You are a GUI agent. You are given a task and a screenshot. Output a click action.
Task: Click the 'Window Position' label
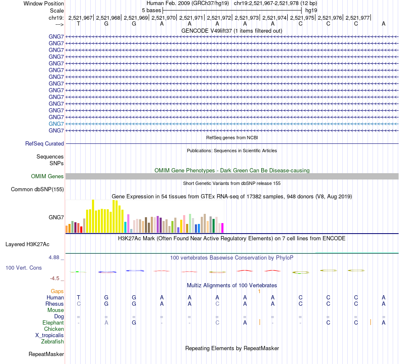44,3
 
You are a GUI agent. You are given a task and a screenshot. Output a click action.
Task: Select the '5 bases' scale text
152,10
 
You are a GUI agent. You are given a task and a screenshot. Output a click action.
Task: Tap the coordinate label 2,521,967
80,18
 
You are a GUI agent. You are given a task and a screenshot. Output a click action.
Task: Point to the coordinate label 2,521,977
357,18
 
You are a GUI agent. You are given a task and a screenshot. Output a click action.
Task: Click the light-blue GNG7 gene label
56,124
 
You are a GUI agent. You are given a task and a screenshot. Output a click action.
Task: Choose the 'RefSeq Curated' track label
45,143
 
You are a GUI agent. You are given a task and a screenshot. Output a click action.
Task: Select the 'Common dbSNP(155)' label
37,190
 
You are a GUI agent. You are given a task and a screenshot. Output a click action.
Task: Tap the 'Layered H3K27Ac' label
27,244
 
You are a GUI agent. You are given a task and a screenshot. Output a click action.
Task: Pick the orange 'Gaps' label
57,291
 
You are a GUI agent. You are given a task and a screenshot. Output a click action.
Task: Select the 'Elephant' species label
53,323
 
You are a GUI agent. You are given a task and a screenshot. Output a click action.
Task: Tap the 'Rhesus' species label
55,304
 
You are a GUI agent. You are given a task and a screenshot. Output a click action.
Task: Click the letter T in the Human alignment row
79,297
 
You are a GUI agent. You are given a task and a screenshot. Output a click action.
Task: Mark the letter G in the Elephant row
134,323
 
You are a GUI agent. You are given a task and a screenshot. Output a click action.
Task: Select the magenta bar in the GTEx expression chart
222,228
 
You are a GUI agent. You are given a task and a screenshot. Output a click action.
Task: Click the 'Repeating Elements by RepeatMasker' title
232,348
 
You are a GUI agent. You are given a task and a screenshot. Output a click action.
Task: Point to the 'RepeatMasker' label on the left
46,354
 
